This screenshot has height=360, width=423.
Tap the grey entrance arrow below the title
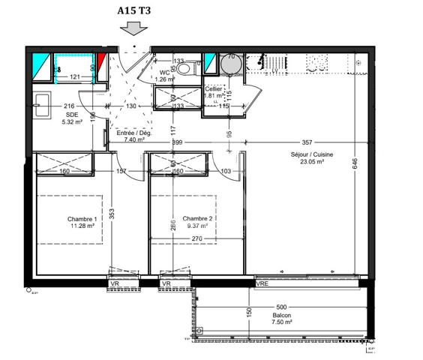pos(133,29)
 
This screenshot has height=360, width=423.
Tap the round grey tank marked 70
pos(232,66)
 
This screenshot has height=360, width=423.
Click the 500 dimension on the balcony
pos(281,307)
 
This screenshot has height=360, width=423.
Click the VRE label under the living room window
pos(262,284)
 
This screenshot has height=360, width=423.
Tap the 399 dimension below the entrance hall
pos(178,141)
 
